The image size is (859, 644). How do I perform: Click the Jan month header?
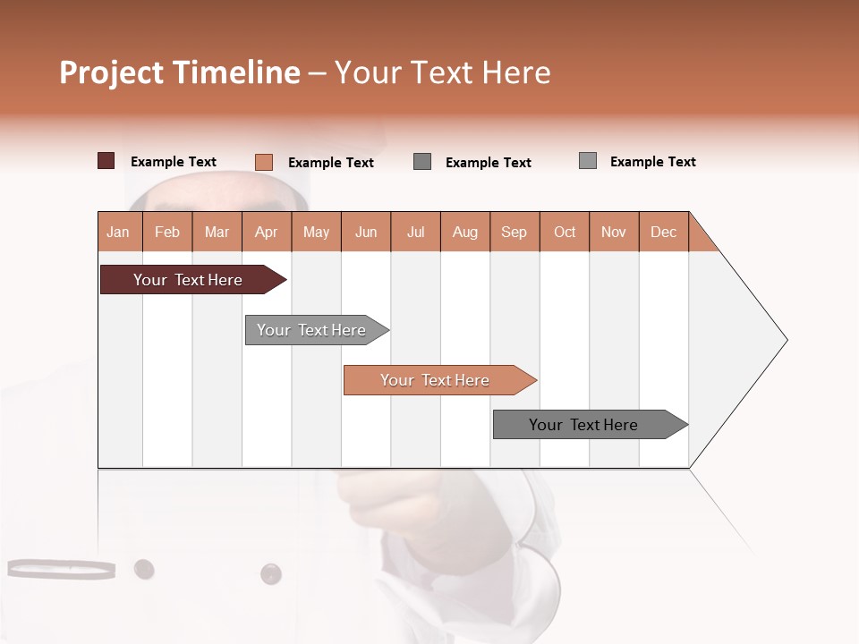click(118, 232)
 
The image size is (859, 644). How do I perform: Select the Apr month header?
click(266, 232)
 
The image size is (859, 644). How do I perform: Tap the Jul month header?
click(415, 232)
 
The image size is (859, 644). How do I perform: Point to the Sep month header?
click(514, 232)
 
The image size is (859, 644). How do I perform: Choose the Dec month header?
click(663, 232)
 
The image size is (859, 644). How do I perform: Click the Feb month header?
click(167, 232)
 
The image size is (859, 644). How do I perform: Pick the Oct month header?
click(565, 232)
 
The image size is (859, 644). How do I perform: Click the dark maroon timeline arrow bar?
click(188, 280)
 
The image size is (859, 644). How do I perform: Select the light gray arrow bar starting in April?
click(311, 330)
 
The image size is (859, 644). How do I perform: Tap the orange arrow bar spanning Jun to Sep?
click(435, 380)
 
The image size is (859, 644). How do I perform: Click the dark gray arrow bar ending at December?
click(583, 425)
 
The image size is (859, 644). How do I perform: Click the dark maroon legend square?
click(106, 161)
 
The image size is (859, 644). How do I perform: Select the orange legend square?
click(264, 162)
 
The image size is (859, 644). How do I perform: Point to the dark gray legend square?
click(422, 162)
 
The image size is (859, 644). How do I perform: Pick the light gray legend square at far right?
click(588, 161)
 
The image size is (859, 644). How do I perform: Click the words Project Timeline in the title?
click(180, 72)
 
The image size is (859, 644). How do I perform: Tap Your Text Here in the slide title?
click(443, 72)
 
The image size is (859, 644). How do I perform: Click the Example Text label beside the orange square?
click(331, 163)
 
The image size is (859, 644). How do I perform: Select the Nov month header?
click(614, 232)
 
